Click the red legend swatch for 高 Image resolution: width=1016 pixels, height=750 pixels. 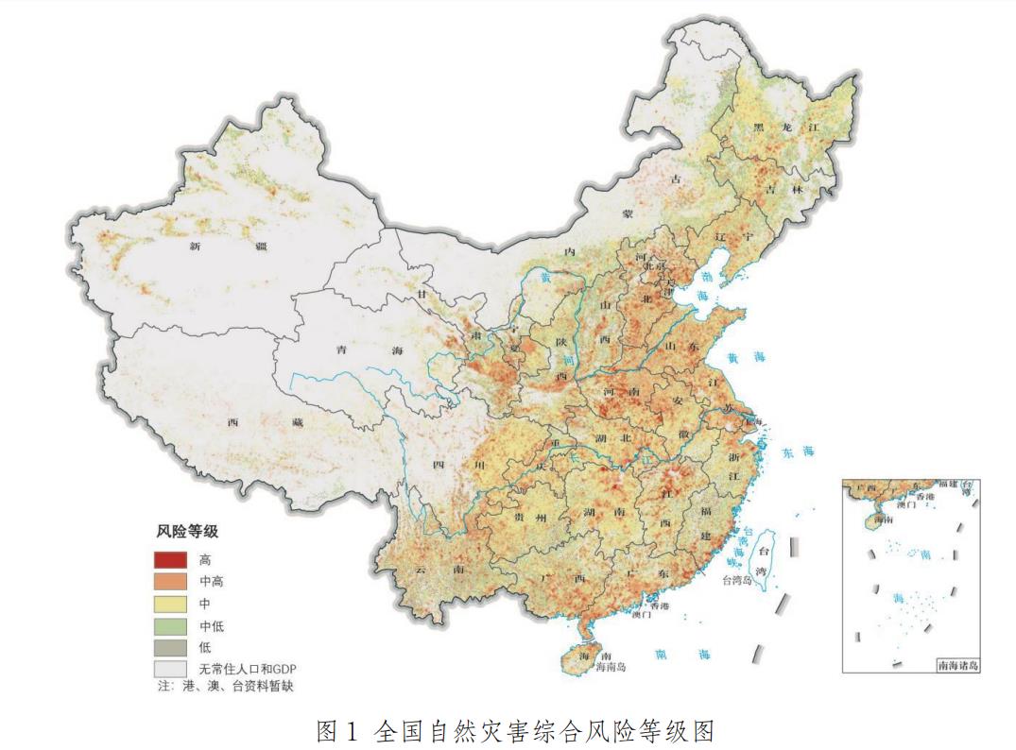click(171, 560)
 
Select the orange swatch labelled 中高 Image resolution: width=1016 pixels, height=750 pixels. click(171, 582)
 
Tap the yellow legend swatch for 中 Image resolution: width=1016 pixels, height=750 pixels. click(171, 604)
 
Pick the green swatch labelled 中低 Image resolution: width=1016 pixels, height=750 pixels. click(171, 625)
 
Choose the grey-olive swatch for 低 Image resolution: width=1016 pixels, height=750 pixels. click(171, 647)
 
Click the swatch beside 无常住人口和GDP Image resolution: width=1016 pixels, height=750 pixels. click(171, 668)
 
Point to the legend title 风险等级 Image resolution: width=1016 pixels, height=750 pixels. click(187, 532)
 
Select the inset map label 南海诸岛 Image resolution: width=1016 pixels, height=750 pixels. click(958, 666)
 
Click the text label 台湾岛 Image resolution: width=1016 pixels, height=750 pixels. click(736, 580)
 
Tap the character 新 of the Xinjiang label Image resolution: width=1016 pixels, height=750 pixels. click(196, 247)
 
